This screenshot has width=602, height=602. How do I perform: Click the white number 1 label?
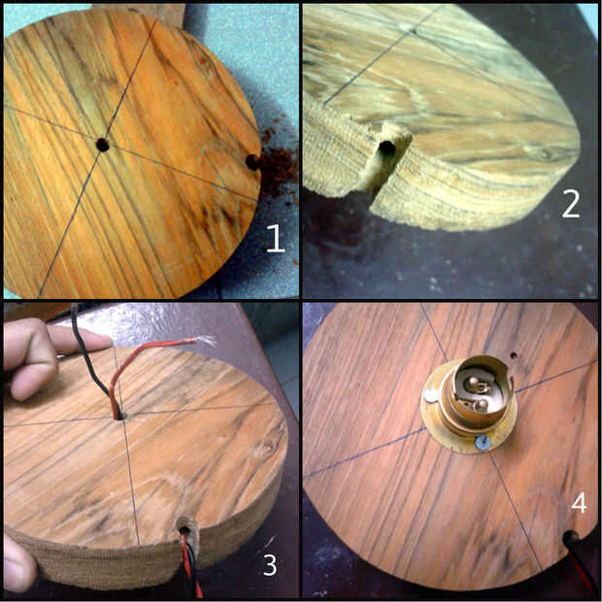click(x=276, y=239)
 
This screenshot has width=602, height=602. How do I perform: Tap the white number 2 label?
click(x=571, y=205)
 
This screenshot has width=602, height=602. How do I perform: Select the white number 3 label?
click(x=270, y=565)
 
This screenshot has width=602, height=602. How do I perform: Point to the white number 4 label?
click(x=579, y=503)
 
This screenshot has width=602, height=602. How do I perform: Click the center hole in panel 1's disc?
click(x=103, y=145)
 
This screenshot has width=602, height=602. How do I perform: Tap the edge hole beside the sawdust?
click(x=252, y=162)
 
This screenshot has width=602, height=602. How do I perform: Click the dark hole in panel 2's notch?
click(x=386, y=148)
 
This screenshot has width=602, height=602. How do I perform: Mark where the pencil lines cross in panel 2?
click(x=413, y=31)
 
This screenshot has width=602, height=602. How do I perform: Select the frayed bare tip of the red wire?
click(x=206, y=340)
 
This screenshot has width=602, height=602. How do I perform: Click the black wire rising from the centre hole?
click(x=93, y=366)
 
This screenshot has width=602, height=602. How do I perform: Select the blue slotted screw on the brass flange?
click(x=483, y=443)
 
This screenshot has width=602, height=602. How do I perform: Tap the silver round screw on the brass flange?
click(x=431, y=395)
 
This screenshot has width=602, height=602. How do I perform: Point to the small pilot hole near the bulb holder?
click(x=514, y=354)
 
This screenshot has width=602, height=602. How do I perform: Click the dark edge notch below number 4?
click(x=570, y=538)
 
